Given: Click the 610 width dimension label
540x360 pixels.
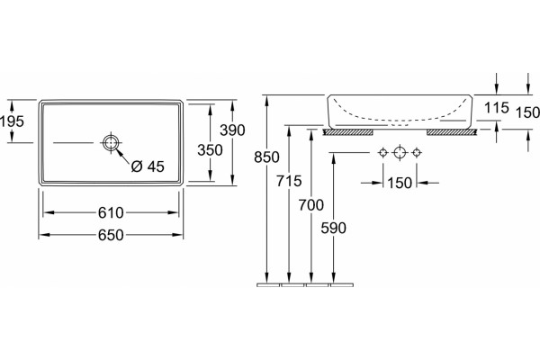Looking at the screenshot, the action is point(111,213).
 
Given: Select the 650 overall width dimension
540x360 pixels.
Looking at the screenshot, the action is point(111,235).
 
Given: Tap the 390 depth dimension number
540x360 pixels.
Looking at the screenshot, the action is point(232,130).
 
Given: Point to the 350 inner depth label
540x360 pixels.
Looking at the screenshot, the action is point(210,150).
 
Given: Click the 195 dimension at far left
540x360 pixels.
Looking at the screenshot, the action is point(12,121).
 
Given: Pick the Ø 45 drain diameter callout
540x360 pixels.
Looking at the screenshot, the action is point(148,166).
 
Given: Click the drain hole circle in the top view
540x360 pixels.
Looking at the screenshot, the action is point(111,142).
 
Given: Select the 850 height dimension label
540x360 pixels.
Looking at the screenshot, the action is point(266,157).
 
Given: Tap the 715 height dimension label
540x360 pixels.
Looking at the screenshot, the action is point(289,181).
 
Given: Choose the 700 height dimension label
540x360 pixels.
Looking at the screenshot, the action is point(311,205).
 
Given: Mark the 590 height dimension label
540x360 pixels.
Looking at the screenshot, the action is point(333,228).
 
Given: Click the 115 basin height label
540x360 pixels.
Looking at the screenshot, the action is point(497,108).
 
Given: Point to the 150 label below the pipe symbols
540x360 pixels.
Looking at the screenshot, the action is point(400,184).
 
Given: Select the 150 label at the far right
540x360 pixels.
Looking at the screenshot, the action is point(527,112).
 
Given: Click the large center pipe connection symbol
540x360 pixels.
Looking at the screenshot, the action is point(400,152).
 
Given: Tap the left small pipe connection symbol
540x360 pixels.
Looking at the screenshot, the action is point(383,152).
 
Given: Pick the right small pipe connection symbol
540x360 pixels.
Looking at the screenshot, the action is point(417,152).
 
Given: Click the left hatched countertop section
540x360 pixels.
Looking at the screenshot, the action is point(347,132).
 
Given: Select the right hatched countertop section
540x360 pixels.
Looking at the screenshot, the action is point(452,132).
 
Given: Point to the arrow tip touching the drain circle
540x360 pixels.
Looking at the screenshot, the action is point(116,148).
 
